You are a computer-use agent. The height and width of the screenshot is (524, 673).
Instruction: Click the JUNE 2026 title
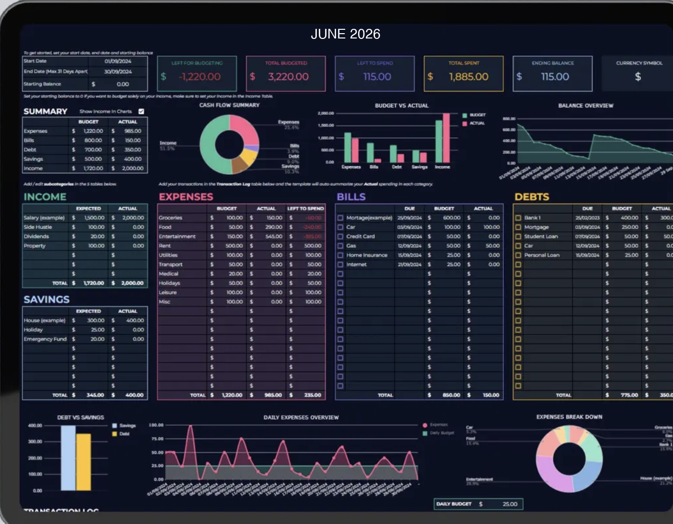pos(345,34)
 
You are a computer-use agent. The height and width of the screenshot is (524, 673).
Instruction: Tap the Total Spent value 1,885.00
pos(468,77)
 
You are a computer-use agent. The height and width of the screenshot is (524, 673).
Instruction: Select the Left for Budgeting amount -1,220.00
pos(199,77)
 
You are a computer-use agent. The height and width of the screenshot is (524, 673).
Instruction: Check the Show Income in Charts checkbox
pos(141,112)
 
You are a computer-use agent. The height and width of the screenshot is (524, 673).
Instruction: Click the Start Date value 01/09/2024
pos(118,62)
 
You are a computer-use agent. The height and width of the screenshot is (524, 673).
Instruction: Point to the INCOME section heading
pos(45,197)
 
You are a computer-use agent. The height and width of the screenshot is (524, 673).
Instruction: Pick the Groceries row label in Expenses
pos(171,218)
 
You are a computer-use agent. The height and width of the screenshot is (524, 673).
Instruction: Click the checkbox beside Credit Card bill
pos(340,237)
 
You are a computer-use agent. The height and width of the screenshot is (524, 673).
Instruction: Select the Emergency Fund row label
pos(45,339)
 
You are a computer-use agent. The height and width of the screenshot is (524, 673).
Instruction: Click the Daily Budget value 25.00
pos(510,504)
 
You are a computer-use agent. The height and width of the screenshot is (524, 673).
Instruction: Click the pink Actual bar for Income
pos(446,138)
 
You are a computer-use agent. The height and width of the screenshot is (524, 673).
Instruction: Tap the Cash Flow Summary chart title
pos(229,105)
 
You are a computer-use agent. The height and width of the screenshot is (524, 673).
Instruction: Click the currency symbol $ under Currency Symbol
pos(638,77)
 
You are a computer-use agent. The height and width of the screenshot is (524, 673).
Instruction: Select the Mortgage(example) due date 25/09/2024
pos(409,218)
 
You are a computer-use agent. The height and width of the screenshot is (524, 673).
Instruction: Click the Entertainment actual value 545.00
pos(274,237)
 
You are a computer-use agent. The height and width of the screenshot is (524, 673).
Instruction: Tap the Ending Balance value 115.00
pos(555,77)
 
